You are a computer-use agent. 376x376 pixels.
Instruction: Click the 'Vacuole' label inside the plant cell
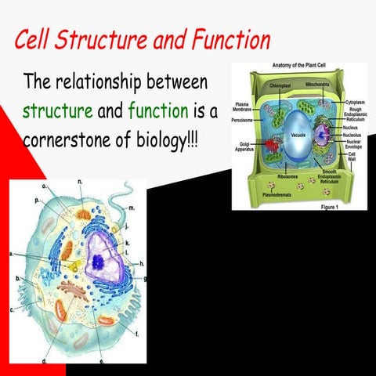[x=297, y=134]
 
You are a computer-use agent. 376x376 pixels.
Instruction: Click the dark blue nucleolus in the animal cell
[x=98, y=262]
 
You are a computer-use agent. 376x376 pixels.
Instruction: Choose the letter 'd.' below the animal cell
[x=45, y=361]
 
